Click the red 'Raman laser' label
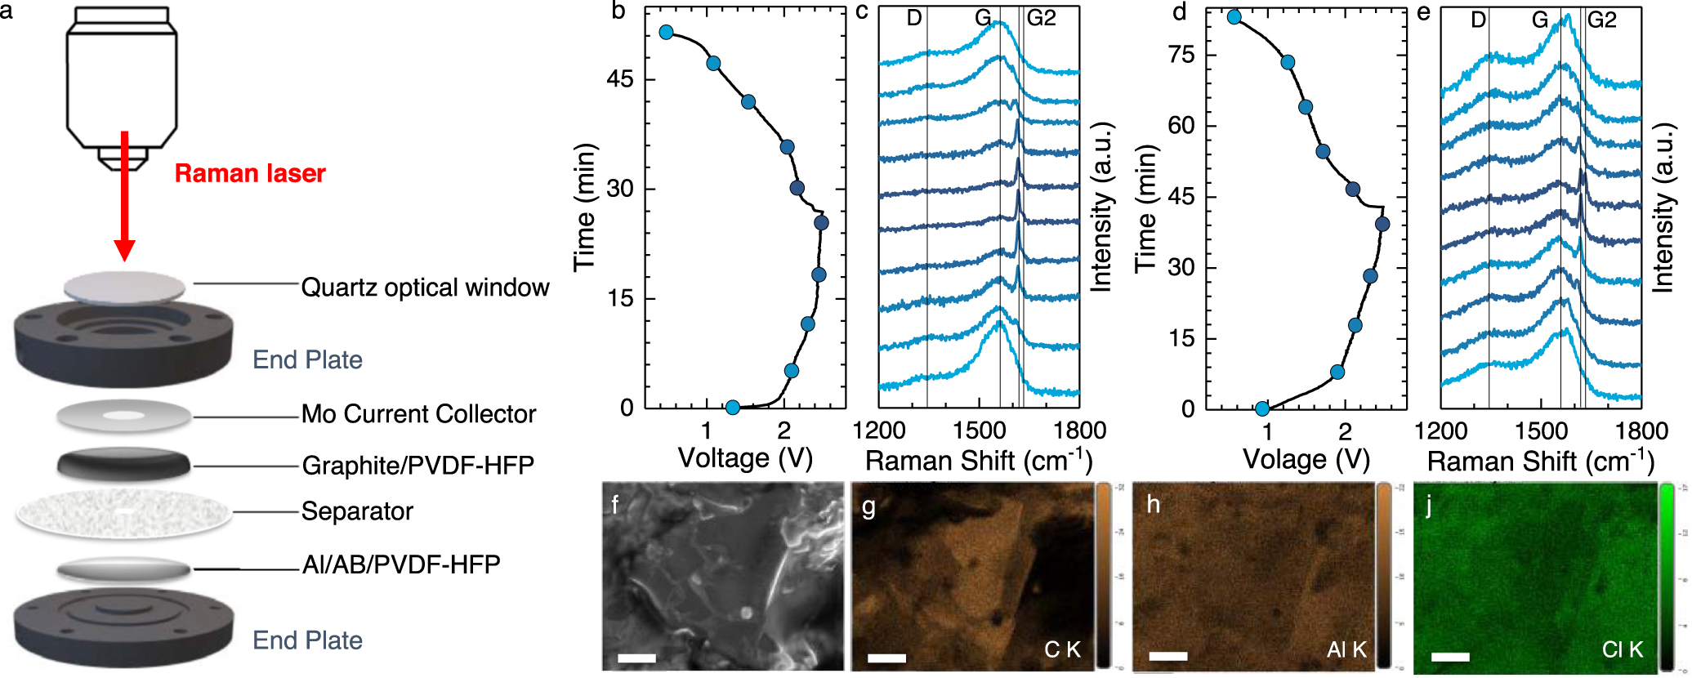pos(250,173)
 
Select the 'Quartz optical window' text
pos(425,288)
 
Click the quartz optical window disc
pos(124,288)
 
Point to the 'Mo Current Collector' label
pos(418,414)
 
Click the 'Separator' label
pos(357,511)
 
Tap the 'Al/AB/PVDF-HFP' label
pos(400,564)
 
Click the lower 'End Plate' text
pos(307,640)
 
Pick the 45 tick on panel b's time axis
pos(620,79)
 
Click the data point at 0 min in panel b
pos(733,408)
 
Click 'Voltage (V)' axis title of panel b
pos(745,458)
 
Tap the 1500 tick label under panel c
pos(979,430)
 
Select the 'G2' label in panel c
pos(1041,18)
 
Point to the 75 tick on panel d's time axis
pos(1181,55)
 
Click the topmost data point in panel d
pos(1234,17)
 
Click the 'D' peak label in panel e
pos(1478,20)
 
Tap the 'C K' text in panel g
pos(1062,649)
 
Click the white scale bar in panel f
pos(637,658)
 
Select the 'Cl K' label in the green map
pos(1622,649)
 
